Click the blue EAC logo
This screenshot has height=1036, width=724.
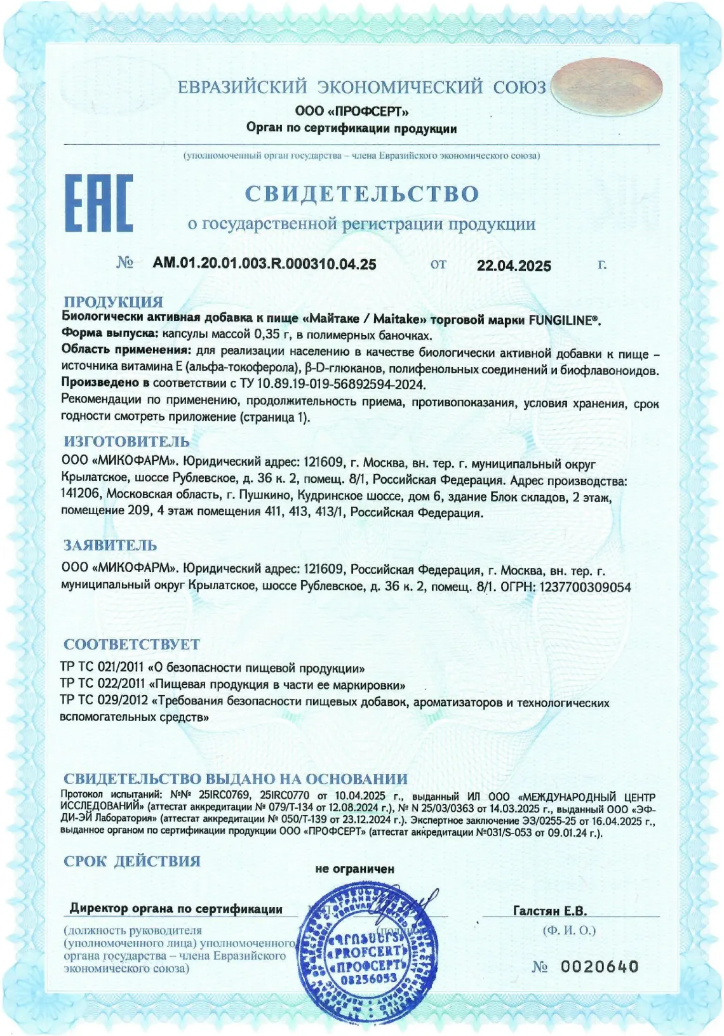[99, 203]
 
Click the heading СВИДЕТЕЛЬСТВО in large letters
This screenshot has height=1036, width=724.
[361, 194]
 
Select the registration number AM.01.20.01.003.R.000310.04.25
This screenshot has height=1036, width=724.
[264, 264]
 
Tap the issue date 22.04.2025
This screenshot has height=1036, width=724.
[514, 266]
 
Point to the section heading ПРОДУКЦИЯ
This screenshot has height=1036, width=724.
[113, 302]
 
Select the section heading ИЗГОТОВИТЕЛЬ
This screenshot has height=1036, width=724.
[126, 441]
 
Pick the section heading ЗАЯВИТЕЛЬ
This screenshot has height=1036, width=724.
[110, 545]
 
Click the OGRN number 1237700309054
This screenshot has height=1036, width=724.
[585, 587]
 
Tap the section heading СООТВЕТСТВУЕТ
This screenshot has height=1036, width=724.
[131, 644]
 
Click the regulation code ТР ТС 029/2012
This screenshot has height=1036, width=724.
[103, 702]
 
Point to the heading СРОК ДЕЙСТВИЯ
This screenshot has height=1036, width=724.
[131, 861]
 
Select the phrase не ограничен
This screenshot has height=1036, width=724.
[354, 868]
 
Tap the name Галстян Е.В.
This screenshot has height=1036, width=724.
[549, 911]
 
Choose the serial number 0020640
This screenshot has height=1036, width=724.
[599, 966]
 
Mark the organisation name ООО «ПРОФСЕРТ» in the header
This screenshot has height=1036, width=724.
[351, 111]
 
